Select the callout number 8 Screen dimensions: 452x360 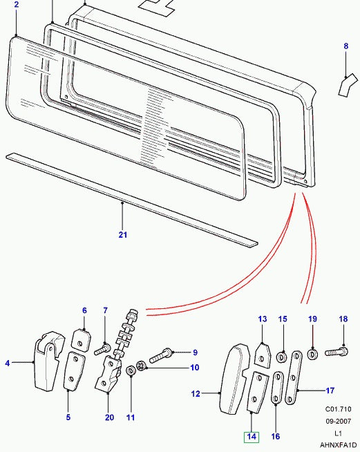pyautogui.click(x=346, y=46)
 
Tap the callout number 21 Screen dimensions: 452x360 pyautogui.click(x=122, y=235)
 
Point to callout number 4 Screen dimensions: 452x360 pyautogui.click(x=8, y=362)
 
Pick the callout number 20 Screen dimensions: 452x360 pyautogui.click(x=110, y=417)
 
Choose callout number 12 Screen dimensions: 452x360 pyautogui.click(x=196, y=394)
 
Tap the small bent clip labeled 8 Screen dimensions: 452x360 pyautogui.click(x=343, y=86)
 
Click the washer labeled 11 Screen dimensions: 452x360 pyautogui.click(x=131, y=373)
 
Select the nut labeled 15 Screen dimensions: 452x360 pyautogui.click(x=282, y=357)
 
